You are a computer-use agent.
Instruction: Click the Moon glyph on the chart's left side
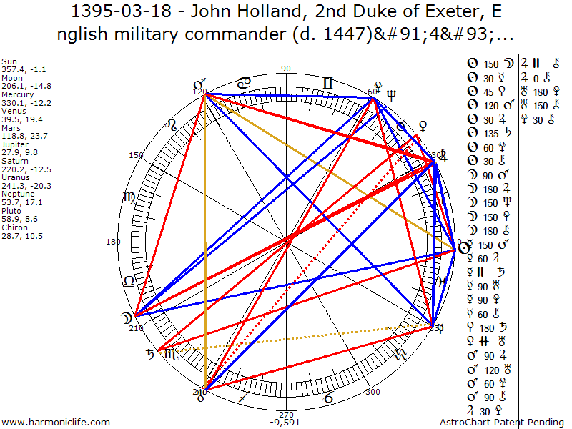pyautogui.click(x=127, y=316)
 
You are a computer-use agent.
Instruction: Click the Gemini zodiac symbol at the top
pyautogui.click(x=327, y=84)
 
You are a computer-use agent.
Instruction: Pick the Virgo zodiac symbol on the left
pyautogui.click(x=129, y=197)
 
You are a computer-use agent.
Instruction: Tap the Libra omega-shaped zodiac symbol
pyautogui.click(x=129, y=280)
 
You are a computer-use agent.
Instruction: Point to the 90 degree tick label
pyautogui.click(x=287, y=69)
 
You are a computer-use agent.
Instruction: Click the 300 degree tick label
pyautogui.click(x=372, y=392)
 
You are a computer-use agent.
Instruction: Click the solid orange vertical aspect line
pyautogui.click(x=206, y=243)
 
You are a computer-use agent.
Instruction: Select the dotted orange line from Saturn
pyautogui.click(x=300, y=338)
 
